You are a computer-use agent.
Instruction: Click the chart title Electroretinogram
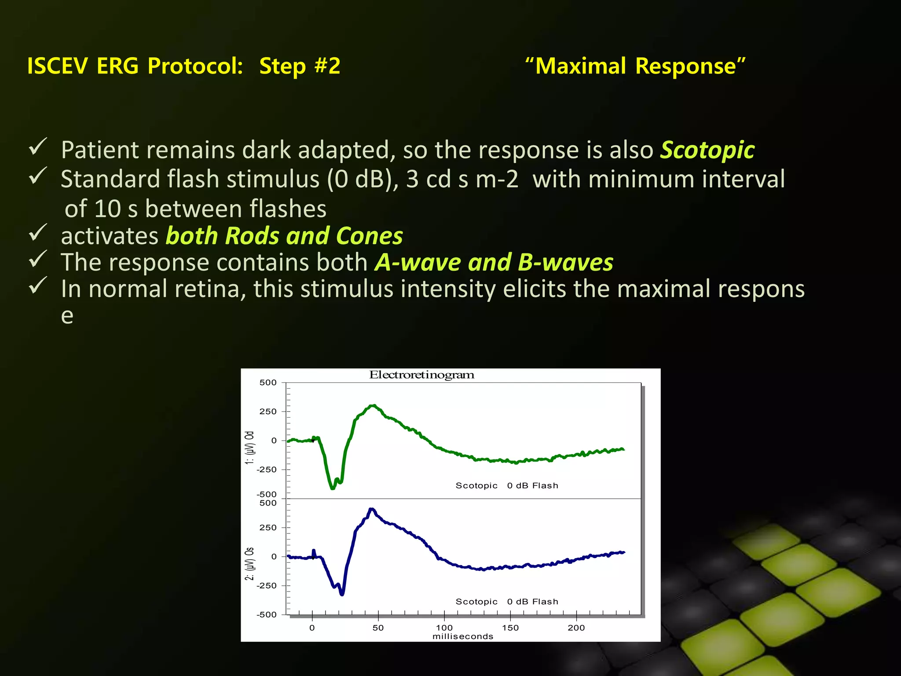click(421, 375)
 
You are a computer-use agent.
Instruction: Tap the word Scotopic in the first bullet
click(707, 150)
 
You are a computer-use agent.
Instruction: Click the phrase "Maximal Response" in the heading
click(635, 66)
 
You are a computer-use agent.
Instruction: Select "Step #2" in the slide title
click(300, 66)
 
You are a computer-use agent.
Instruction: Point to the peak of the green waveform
click(373, 405)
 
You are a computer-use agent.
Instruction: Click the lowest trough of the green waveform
click(333, 488)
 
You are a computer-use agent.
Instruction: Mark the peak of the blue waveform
click(372, 509)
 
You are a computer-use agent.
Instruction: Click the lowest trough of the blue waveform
click(342, 594)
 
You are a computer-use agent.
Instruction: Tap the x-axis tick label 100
click(444, 628)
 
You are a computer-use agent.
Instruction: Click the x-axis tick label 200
click(576, 628)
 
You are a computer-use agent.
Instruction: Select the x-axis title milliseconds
click(463, 636)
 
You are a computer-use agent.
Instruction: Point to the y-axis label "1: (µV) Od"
click(249, 448)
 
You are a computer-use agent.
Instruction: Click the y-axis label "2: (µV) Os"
click(249, 564)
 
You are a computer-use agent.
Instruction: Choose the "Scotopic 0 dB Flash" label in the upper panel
click(506, 485)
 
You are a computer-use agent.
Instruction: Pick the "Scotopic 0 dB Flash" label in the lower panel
click(506, 602)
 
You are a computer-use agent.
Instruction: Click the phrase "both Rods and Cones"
click(284, 236)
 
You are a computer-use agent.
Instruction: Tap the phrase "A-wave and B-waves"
click(494, 262)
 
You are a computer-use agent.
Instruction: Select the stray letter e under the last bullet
click(67, 316)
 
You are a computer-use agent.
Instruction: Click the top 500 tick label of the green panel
click(268, 382)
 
